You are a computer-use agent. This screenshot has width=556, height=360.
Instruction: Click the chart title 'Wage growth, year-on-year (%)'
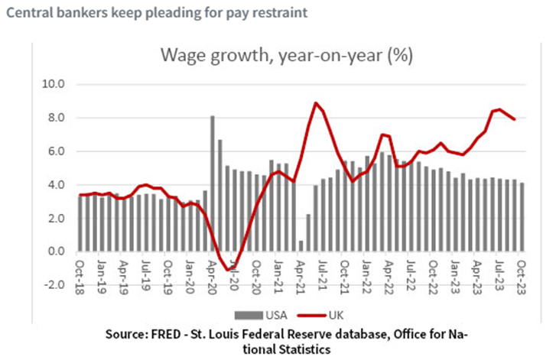[x=287, y=56]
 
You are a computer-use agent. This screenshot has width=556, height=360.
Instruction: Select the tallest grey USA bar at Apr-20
[x=213, y=183]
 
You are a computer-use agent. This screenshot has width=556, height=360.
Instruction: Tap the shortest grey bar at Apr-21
[x=301, y=246]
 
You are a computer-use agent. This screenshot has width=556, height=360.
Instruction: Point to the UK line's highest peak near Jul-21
[x=316, y=103]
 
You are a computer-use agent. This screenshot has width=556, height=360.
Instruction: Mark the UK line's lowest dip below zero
[x=228, y=270]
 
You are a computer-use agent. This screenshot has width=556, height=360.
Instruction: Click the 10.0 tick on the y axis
[x=54, y=84]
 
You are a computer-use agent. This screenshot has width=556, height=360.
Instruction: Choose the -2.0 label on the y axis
[x=54, y=284]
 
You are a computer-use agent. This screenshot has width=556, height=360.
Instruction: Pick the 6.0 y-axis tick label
[x=57, y=151]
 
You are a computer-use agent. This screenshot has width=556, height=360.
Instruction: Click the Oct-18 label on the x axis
[x=80, y=277]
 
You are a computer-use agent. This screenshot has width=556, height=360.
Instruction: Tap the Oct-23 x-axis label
[x=522, y=277]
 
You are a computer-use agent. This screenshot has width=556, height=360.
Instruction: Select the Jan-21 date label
[x=278, y=277]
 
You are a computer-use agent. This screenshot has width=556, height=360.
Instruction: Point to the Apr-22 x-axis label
[x=389, y=277]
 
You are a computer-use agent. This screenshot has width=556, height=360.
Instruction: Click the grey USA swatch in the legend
[x=249, y=315]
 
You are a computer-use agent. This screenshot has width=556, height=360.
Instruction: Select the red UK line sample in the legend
[x=312, y=315]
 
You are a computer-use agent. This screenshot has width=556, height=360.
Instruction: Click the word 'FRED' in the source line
[x=166, y=334]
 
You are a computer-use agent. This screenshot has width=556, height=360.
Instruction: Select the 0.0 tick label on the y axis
[x=57, y=251]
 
